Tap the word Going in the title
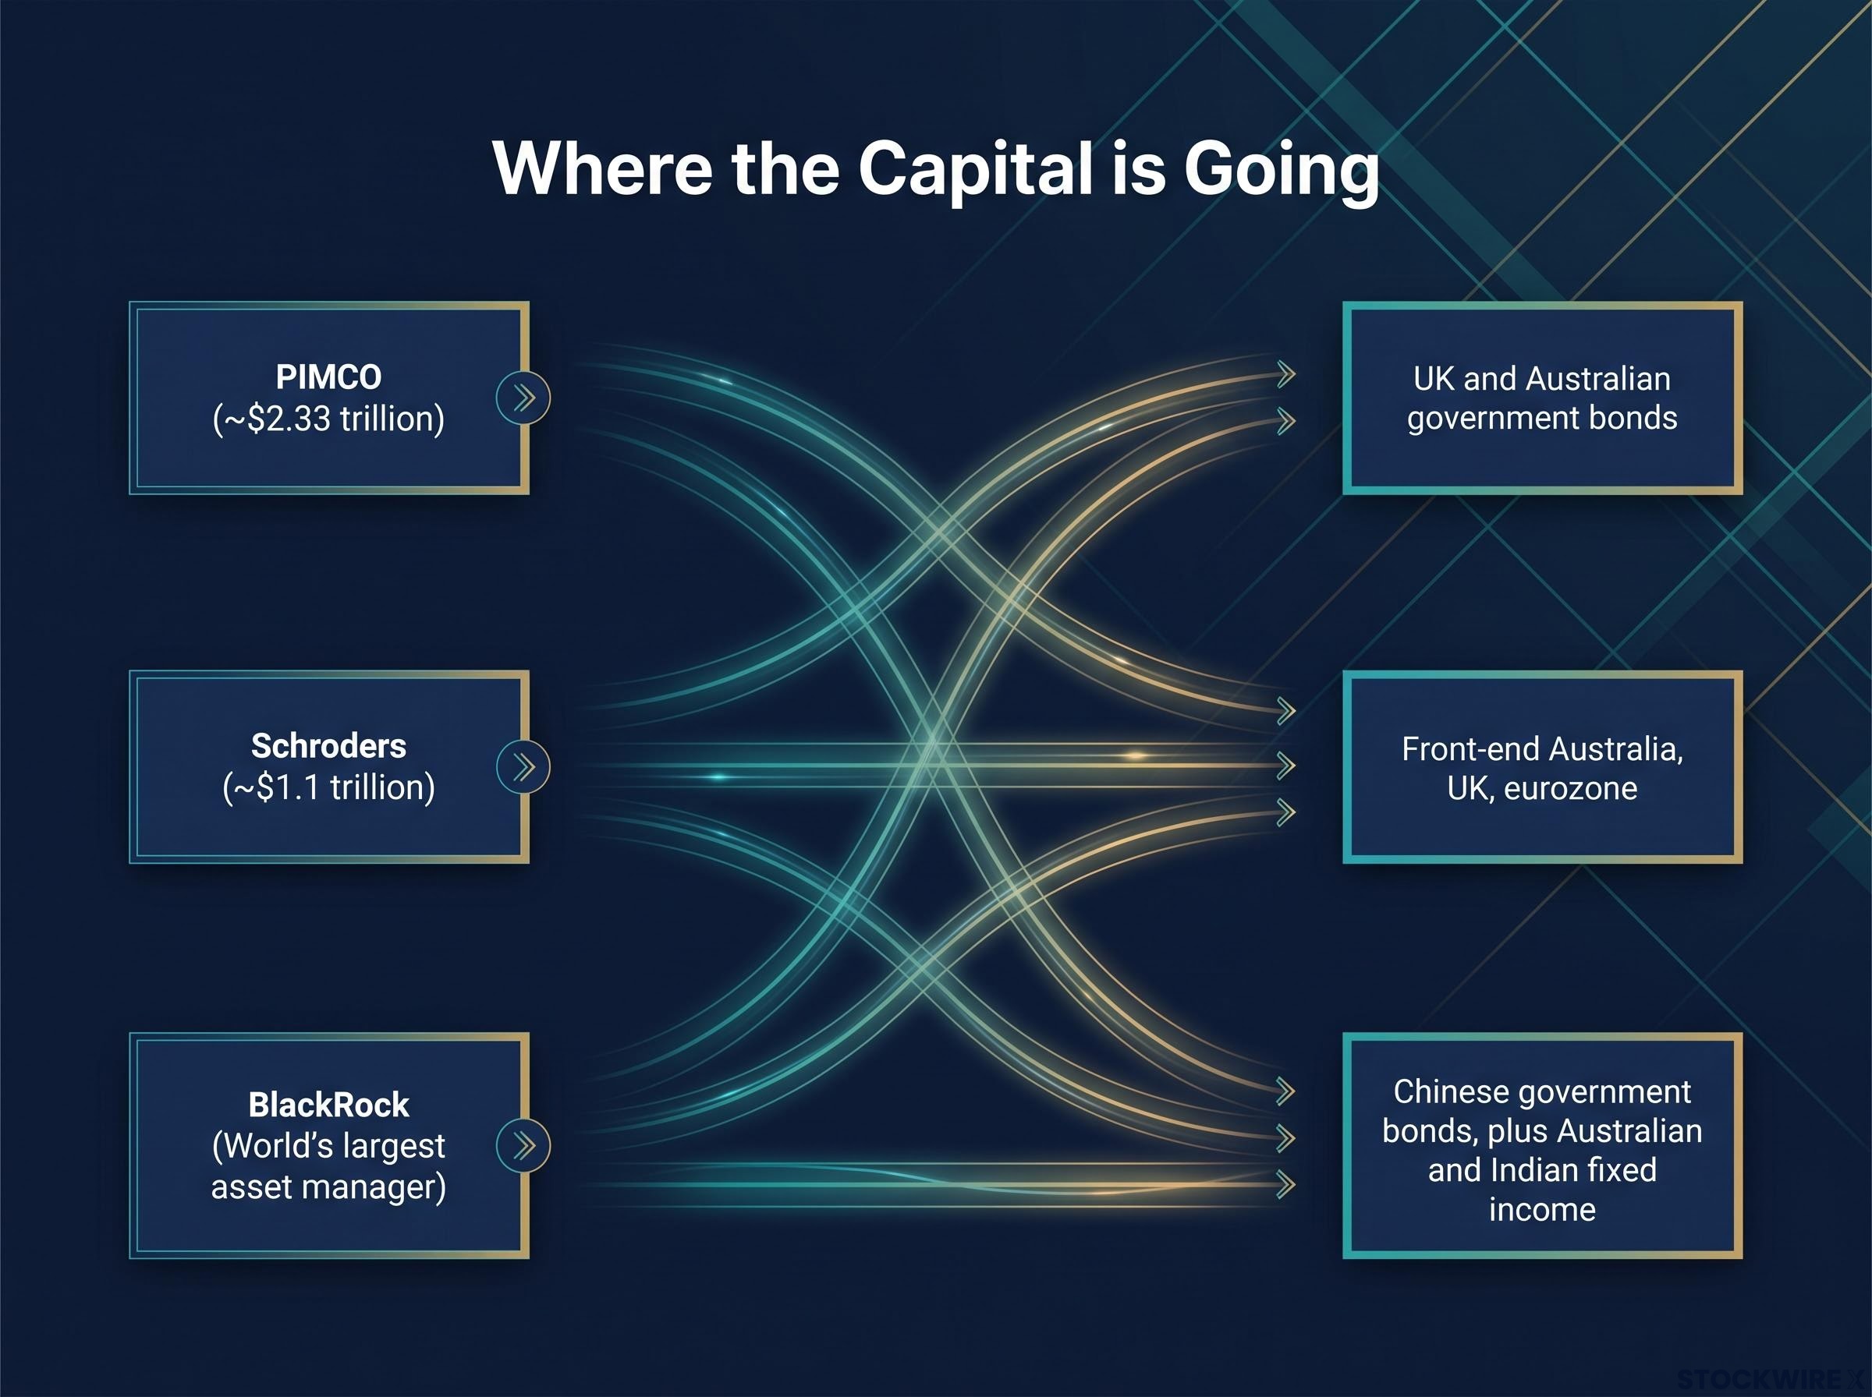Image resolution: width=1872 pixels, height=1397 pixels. point(1281,171)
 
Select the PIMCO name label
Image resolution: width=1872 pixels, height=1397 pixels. point(328,377)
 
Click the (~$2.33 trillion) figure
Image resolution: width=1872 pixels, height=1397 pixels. point(328,419)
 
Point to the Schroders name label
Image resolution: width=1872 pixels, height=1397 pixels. point(328,746)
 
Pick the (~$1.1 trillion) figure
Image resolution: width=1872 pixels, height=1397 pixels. point(328,787)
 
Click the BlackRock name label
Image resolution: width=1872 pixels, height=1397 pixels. point(328,1105)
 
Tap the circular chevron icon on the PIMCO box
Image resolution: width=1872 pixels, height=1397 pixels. point(523,398)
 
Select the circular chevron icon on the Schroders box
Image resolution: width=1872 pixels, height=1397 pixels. point(523,766)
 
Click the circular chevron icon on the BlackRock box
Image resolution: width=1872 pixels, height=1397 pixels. point(523,1145)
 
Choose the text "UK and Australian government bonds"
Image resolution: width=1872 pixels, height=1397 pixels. point(1541,398)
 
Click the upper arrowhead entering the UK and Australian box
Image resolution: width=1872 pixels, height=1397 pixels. point(1285,373)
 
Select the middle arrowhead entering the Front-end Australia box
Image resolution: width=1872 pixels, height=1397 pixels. point(1285,766)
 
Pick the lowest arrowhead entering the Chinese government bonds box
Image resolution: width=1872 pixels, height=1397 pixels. point(1285,1184)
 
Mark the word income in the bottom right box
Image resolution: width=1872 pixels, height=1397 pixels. point(1542,1209)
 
